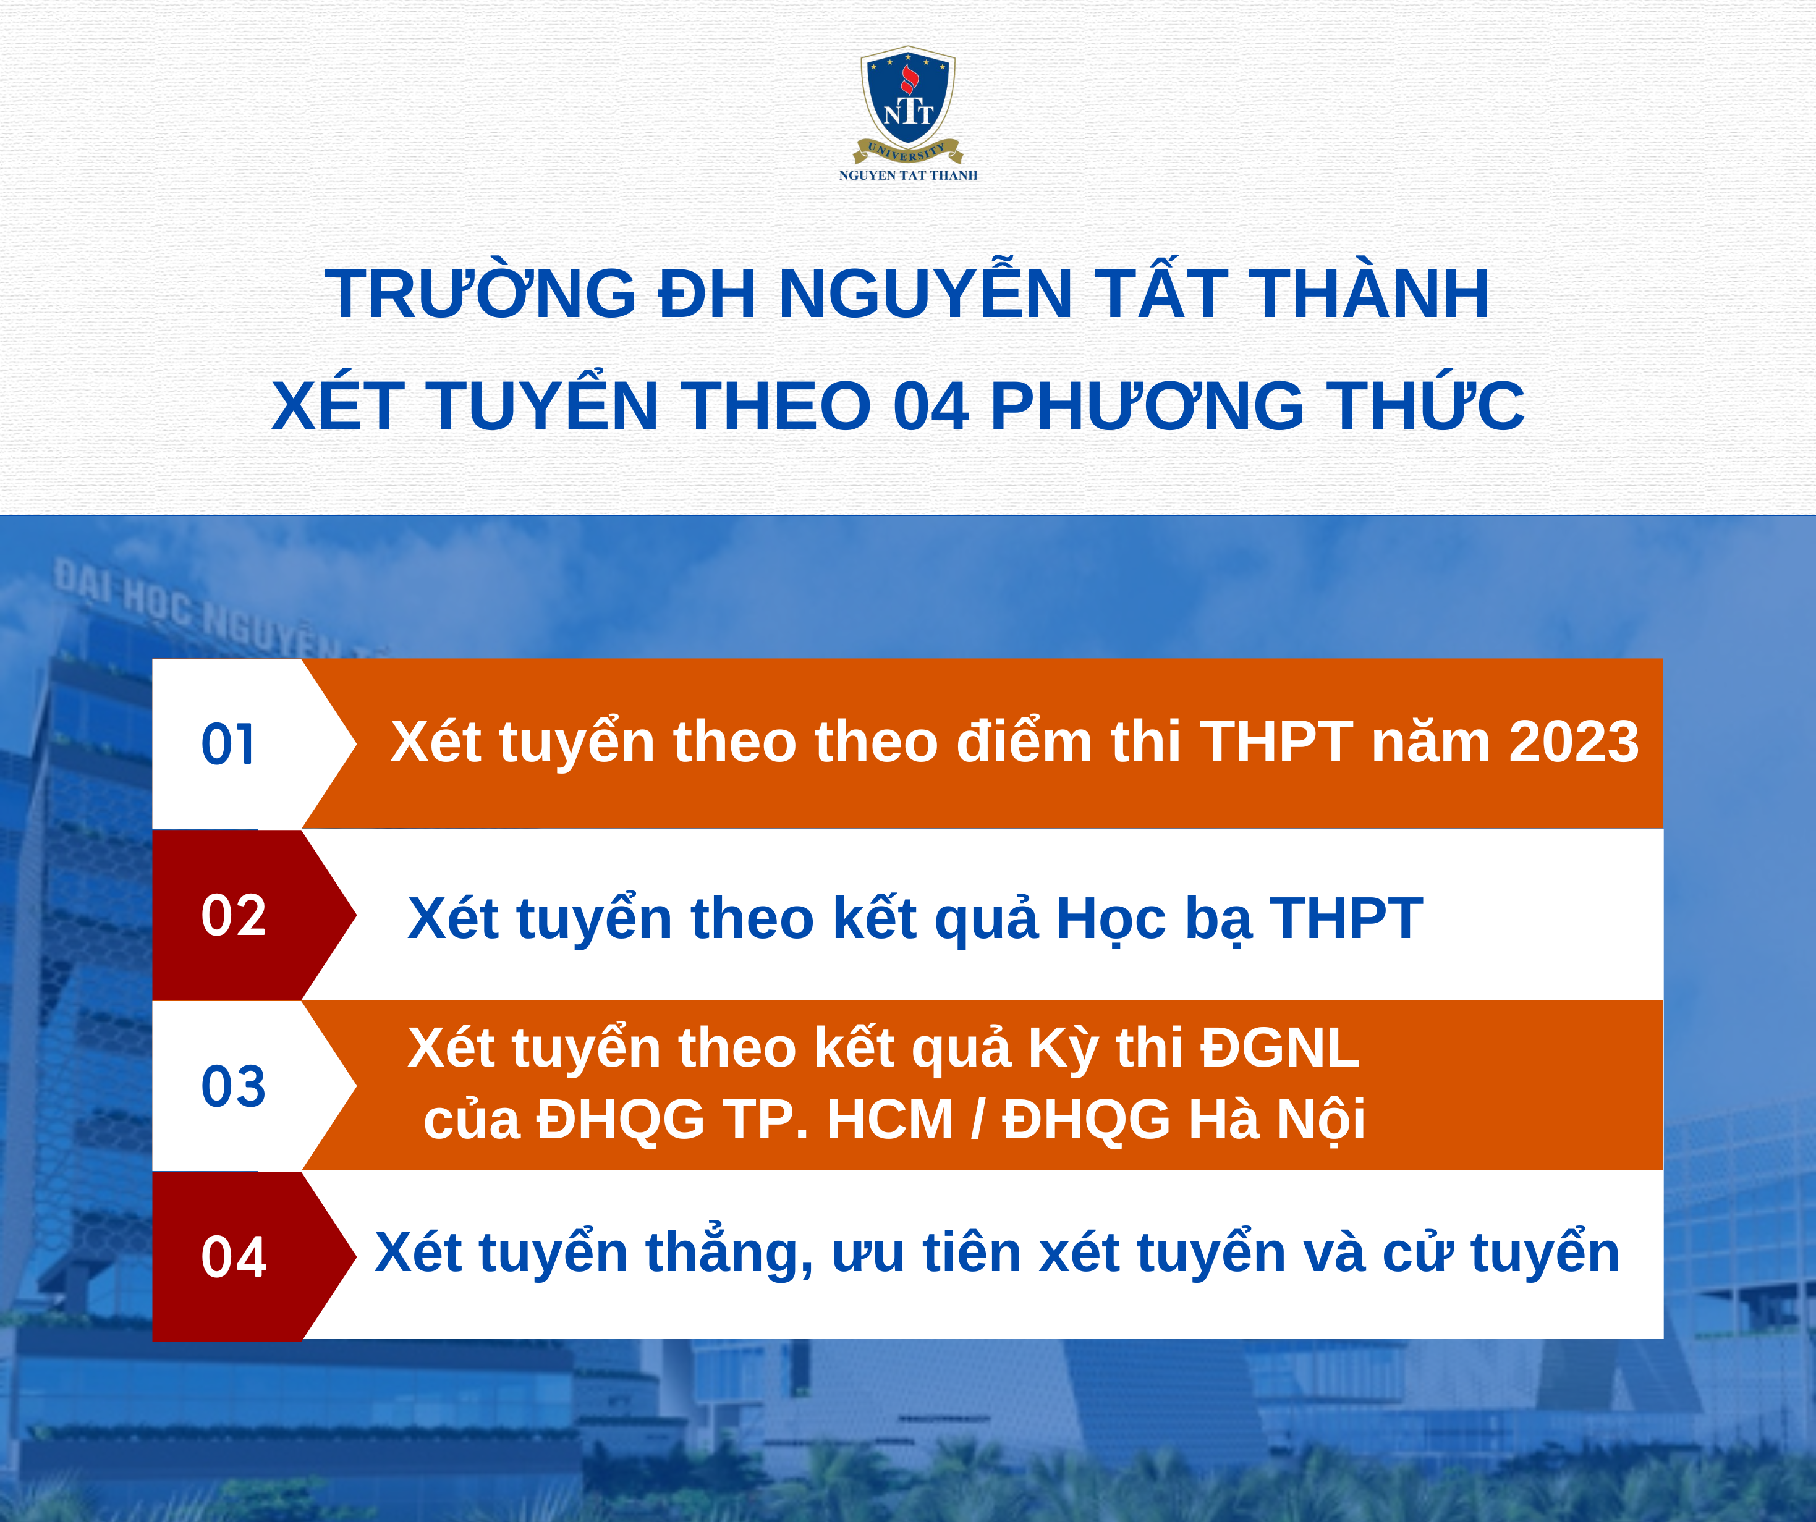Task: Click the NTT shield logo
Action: click(x=908, y=104)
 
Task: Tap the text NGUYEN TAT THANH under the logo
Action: click(x=908, y=175)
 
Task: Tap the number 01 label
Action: click(x=228, y=744)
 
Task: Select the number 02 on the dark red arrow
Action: click(x=234, y=915)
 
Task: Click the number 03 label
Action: click(x=234, y=1086)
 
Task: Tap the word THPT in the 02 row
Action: click(x=1346, y=918)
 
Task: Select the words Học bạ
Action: click(x=1155, y=918)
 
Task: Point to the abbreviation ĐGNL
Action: click(x=1280, y=1047)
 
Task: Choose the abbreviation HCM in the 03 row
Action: click(x=890, y=1119)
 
